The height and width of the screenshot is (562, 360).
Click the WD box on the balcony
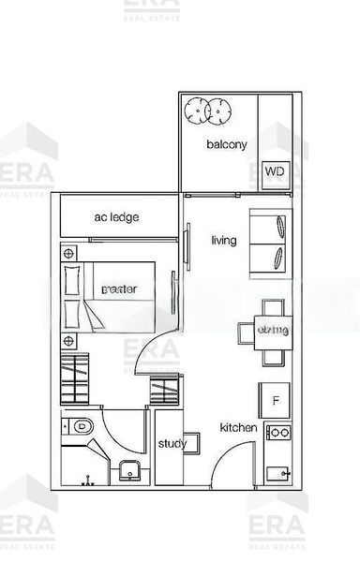point(274,171)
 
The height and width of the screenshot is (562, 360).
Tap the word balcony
point(227,145)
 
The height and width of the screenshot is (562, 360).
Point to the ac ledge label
point(117,217)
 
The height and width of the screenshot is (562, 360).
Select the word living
point(223,241)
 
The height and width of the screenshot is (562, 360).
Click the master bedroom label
point(119,290)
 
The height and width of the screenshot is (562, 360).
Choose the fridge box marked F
point(276,402)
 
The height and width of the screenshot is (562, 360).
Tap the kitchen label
point(238,427)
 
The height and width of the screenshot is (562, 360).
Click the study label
point(172,444)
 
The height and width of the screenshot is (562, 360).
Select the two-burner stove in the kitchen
point(277,433)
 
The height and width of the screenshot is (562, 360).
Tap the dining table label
point(273,331)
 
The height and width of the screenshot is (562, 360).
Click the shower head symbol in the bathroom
point(90,479)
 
